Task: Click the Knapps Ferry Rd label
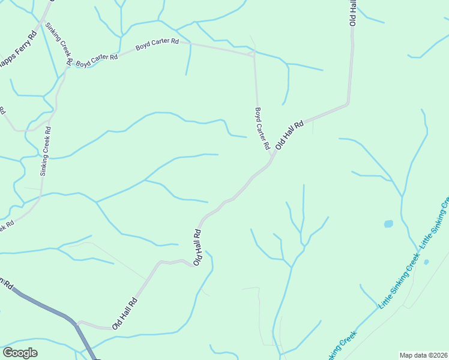click(17, 53)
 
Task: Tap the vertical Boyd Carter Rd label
click(262, 129)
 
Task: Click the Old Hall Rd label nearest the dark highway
click(124, 310)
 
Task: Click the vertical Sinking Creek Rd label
click(46, 151)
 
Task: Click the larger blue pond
click(388, 224)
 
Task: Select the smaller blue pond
click(426, 262)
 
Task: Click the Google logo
click(20, 353)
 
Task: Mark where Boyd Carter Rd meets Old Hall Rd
click(271, 158)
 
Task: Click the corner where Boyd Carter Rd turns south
click(255, 54)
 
